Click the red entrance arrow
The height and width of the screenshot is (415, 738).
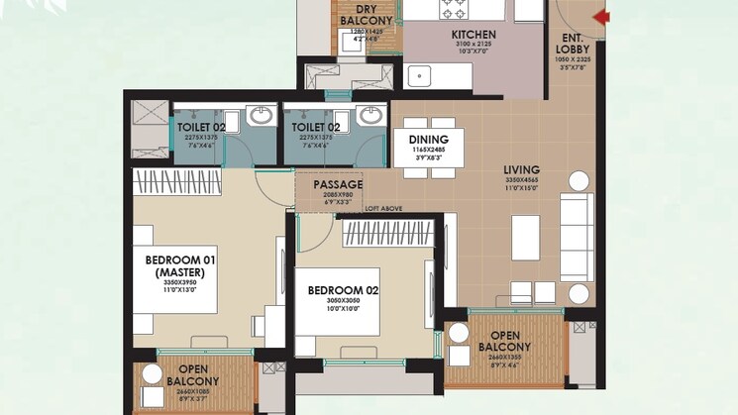[601, 16]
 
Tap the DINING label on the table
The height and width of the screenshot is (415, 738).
[429, 140]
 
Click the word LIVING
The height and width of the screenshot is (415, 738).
[521, 169]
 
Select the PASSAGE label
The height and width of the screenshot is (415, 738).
[338, 184]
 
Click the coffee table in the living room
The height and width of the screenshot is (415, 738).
[525, 239]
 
